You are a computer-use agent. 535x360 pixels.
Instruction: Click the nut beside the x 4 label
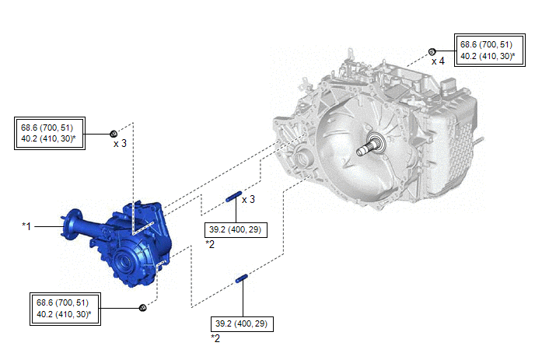432,52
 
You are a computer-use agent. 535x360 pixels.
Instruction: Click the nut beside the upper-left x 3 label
114,134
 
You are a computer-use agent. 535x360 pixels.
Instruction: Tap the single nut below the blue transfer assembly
143,308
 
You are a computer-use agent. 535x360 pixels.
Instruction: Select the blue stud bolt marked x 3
234,197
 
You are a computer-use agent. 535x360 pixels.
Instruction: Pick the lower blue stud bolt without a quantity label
242,278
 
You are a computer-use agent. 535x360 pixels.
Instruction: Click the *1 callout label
26,226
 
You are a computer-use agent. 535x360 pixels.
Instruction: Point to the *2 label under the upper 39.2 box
210,244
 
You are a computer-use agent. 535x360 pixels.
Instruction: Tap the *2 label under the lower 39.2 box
215,338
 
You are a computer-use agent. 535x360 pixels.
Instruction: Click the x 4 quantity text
438,61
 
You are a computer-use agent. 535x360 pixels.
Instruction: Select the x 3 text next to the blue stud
248,199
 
